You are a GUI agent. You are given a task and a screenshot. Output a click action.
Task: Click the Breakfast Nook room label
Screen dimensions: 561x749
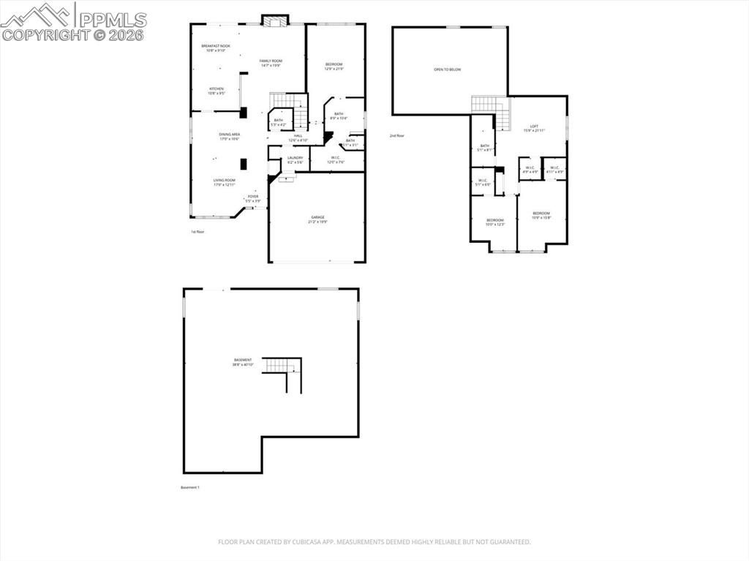coord(214,48)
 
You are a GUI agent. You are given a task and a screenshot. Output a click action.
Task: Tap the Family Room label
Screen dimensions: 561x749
coord(271,63)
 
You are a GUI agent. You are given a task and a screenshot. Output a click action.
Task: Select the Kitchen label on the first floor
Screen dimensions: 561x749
coord(217,91)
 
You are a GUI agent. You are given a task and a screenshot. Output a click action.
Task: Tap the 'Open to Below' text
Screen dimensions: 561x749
coord(447,69)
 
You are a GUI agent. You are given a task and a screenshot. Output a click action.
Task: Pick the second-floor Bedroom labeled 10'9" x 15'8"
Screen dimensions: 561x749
coord(541,215)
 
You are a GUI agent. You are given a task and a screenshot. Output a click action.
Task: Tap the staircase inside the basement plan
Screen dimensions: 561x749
coord(283,371)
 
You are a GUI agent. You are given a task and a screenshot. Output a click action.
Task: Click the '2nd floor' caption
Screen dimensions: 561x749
coord(397,136)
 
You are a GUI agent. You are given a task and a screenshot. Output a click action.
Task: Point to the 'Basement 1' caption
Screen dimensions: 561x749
coord(189,487)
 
